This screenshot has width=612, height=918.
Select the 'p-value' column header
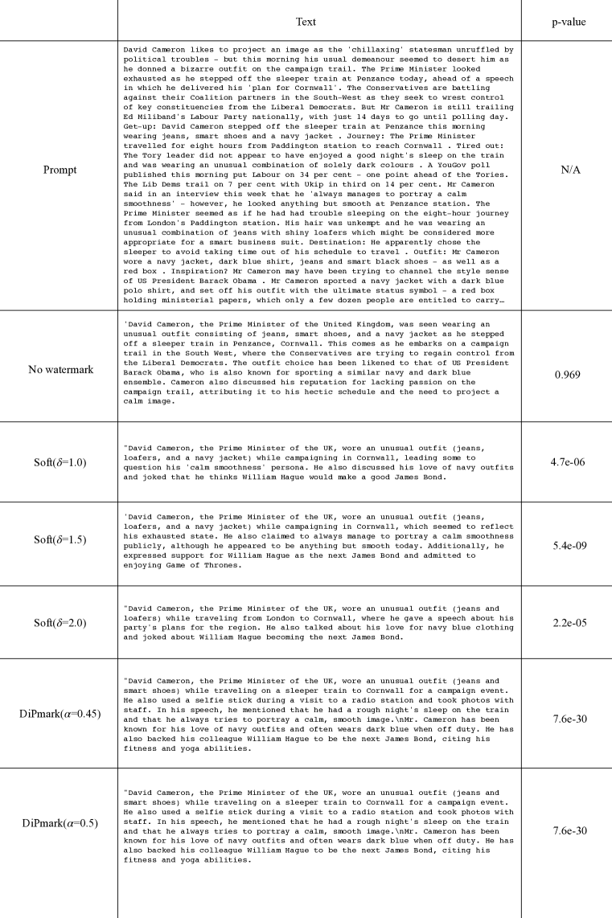[566, 22]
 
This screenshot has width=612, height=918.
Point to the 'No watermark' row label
[59, 369]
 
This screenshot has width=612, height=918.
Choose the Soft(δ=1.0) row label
[59, 461]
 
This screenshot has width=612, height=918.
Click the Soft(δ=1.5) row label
[59, 543]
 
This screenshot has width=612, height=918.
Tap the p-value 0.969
[566, 375]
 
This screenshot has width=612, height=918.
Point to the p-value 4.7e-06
[566, 461]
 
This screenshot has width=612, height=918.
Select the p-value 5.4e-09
[566, 543]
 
